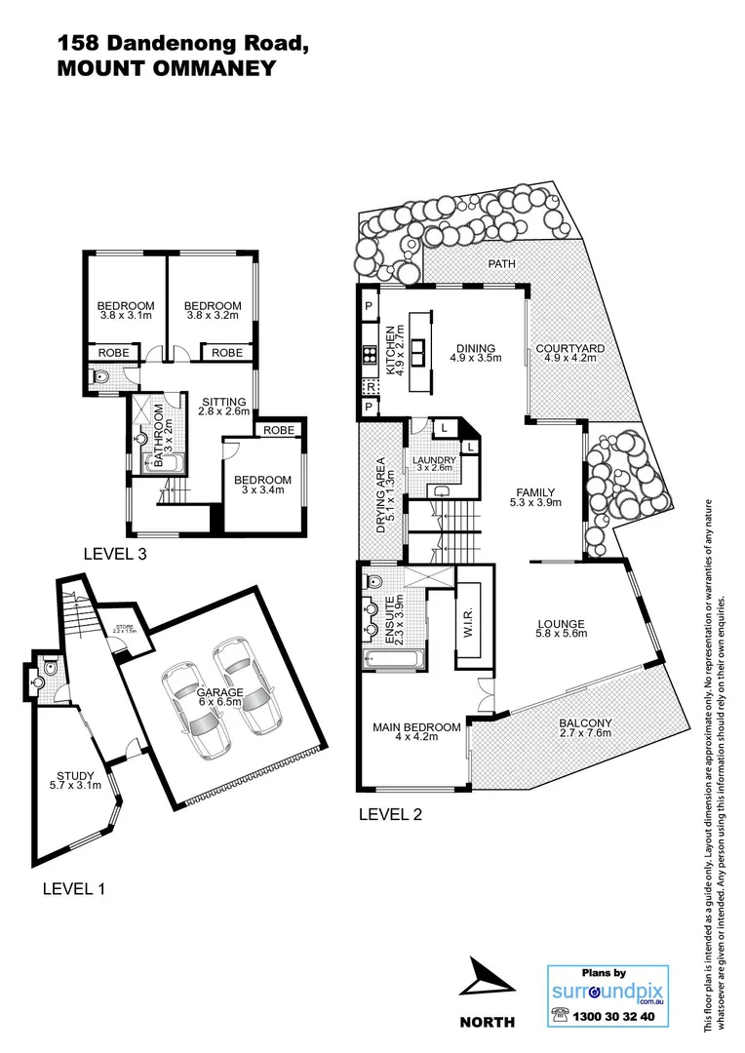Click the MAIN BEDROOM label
point(416,727)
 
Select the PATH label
point(503,263)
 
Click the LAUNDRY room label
point(434,460)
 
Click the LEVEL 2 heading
point(390,814)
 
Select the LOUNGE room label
point(559,623)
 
